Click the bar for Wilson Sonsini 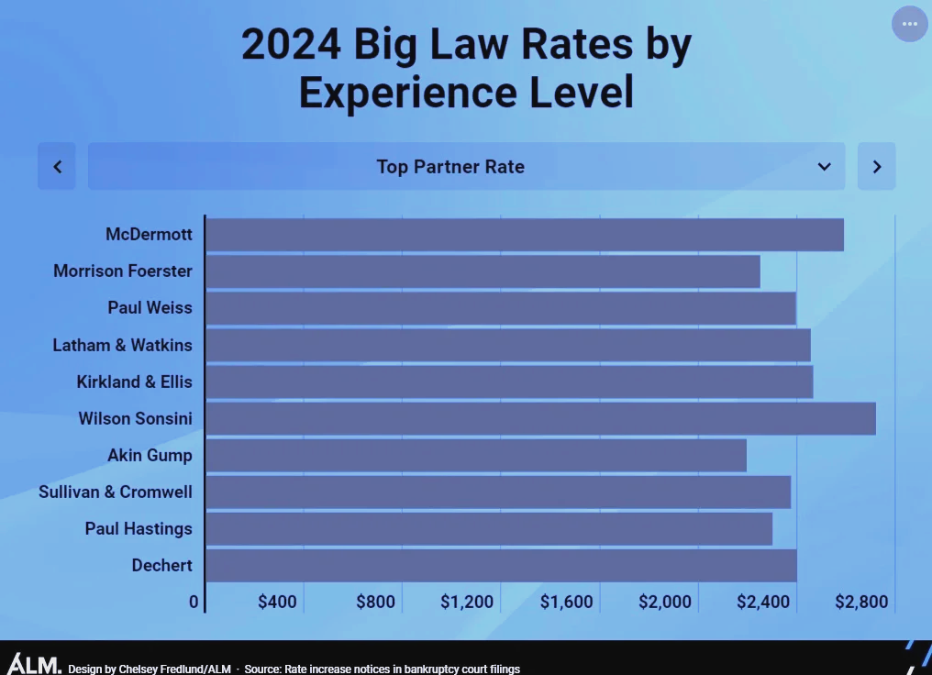[539, 418]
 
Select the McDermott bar [524, 235]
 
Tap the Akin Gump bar [475, 455]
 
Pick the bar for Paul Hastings [488, 528]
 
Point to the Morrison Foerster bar [483, 271]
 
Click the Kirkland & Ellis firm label [135, 382]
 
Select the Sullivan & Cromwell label [116, 492]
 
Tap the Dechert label [162, 565]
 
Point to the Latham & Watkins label [123, 345]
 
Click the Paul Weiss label [150, 308]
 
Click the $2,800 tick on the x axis [861, 603]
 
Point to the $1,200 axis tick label [467, 603]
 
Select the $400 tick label [277, 603]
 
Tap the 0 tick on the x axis [194, 603]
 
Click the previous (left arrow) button [57, 166]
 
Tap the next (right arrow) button [876, 166]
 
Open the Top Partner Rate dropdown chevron [824, 166]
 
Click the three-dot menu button [910, 24]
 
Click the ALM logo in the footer [34, 664]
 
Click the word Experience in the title [414, 93]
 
